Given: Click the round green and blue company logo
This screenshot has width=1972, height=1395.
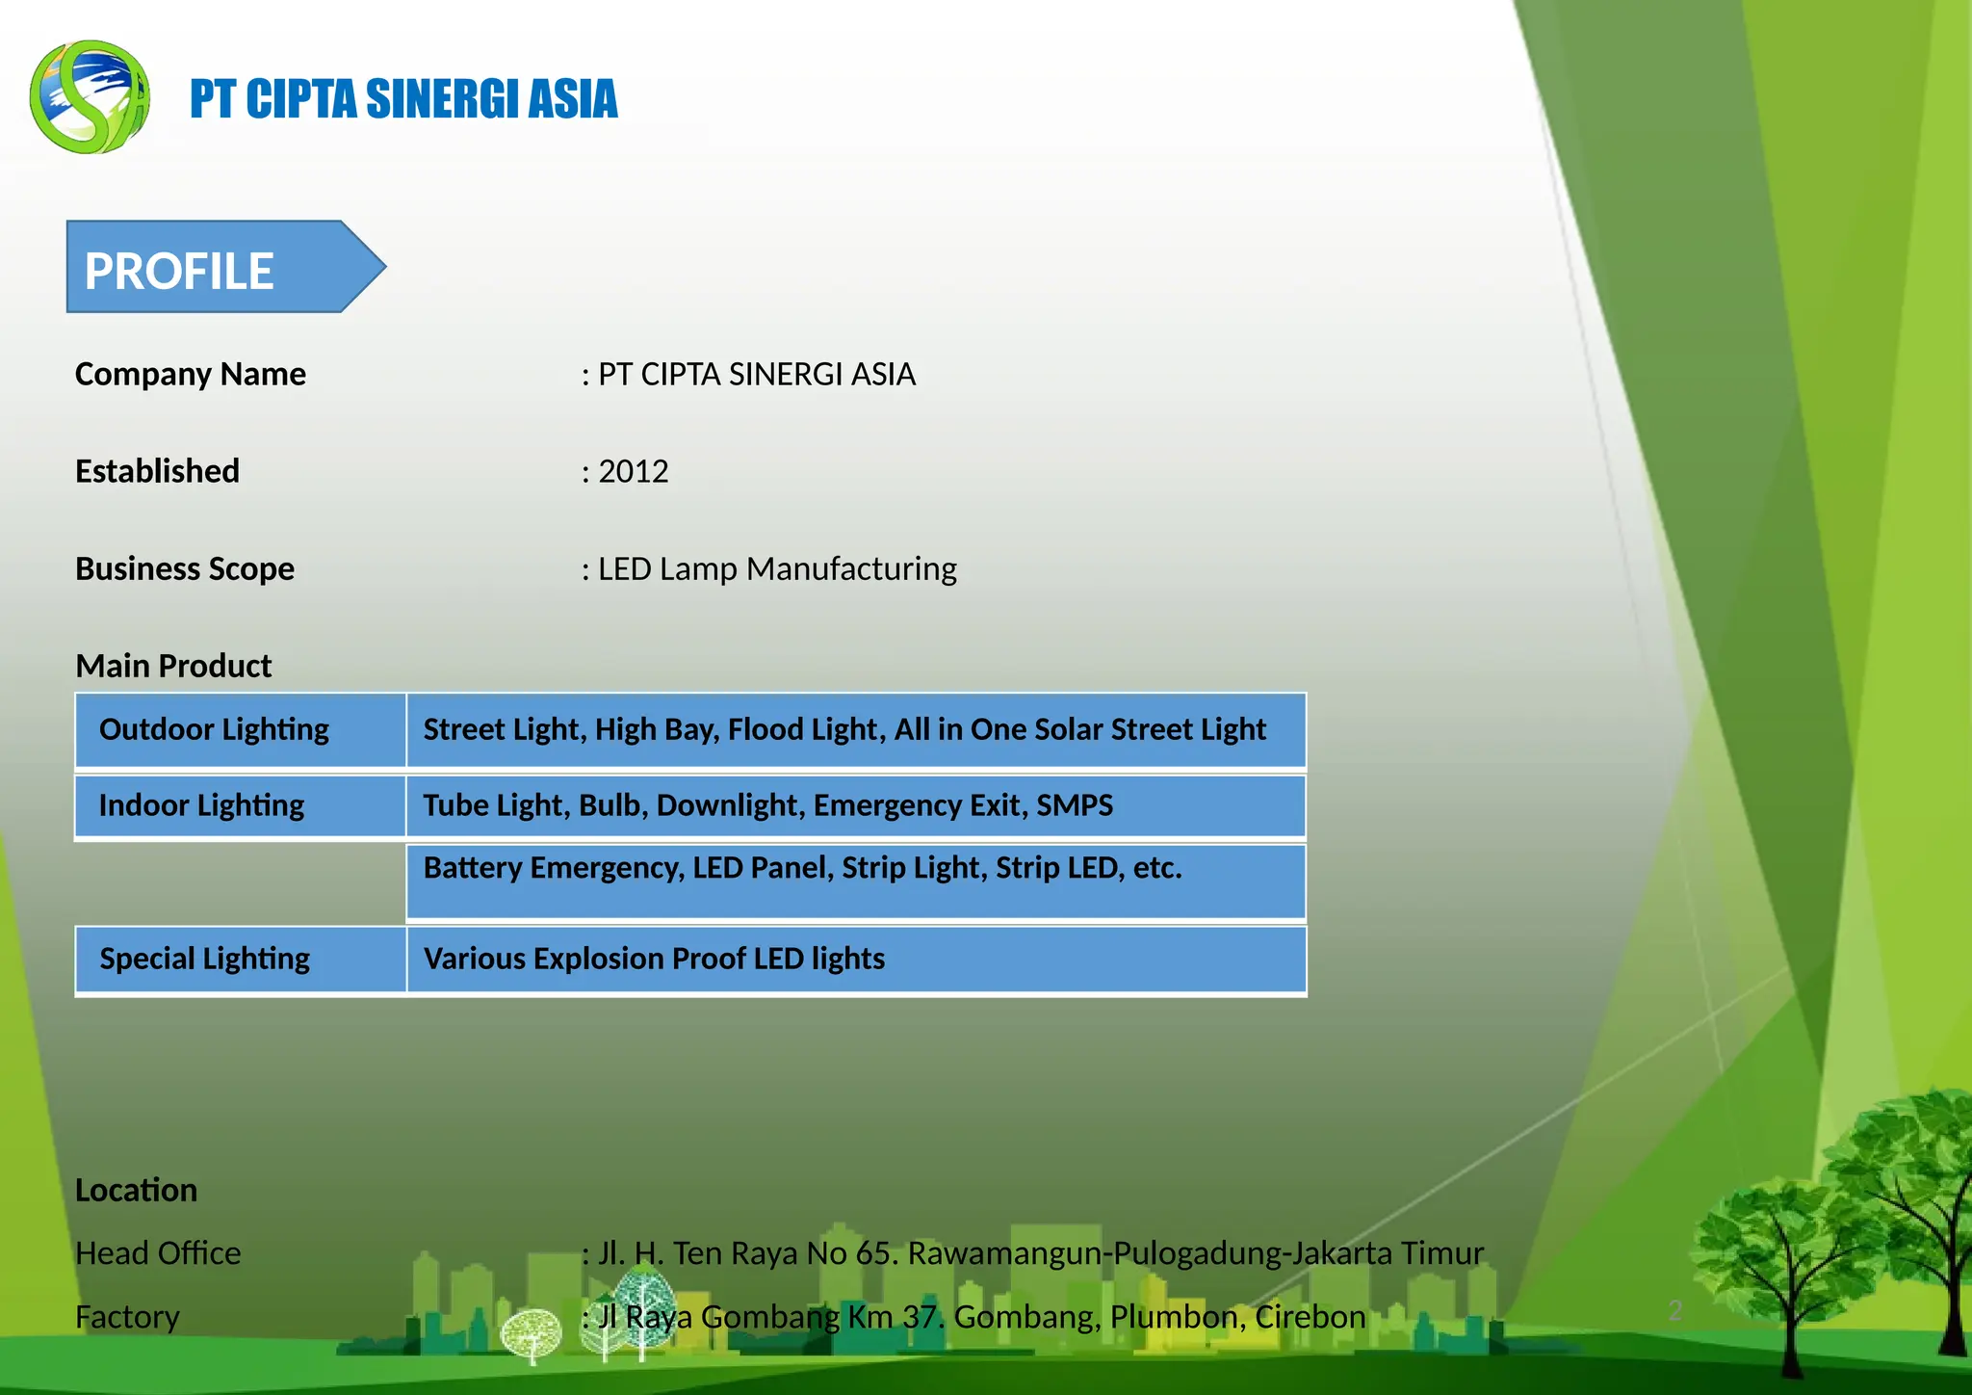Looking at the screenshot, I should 90,96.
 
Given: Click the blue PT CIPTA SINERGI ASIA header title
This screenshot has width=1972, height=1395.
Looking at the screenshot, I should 403,99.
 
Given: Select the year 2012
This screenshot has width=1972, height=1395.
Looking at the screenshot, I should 634,471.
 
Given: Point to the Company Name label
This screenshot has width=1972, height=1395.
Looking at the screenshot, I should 191,374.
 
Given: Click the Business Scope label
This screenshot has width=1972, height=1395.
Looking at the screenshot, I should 185,568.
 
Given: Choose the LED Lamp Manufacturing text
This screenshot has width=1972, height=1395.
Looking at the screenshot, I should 777,568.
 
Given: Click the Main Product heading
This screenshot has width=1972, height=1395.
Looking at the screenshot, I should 173,666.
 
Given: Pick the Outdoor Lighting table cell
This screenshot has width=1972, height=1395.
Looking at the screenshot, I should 241,729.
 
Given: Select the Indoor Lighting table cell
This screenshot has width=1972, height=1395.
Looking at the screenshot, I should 241,805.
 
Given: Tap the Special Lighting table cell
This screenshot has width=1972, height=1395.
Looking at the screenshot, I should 241,959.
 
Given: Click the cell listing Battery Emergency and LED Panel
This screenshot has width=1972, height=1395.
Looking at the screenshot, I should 855,881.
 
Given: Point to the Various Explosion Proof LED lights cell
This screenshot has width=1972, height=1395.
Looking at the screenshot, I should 855,959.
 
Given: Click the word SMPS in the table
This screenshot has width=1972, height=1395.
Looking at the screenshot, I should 1075,805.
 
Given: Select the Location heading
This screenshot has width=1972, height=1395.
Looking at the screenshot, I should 136,1190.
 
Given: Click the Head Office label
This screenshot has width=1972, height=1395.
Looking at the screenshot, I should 158,1252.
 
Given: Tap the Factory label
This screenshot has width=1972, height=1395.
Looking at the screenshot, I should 127,1316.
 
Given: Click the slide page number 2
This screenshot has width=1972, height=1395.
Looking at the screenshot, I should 1674,1310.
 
